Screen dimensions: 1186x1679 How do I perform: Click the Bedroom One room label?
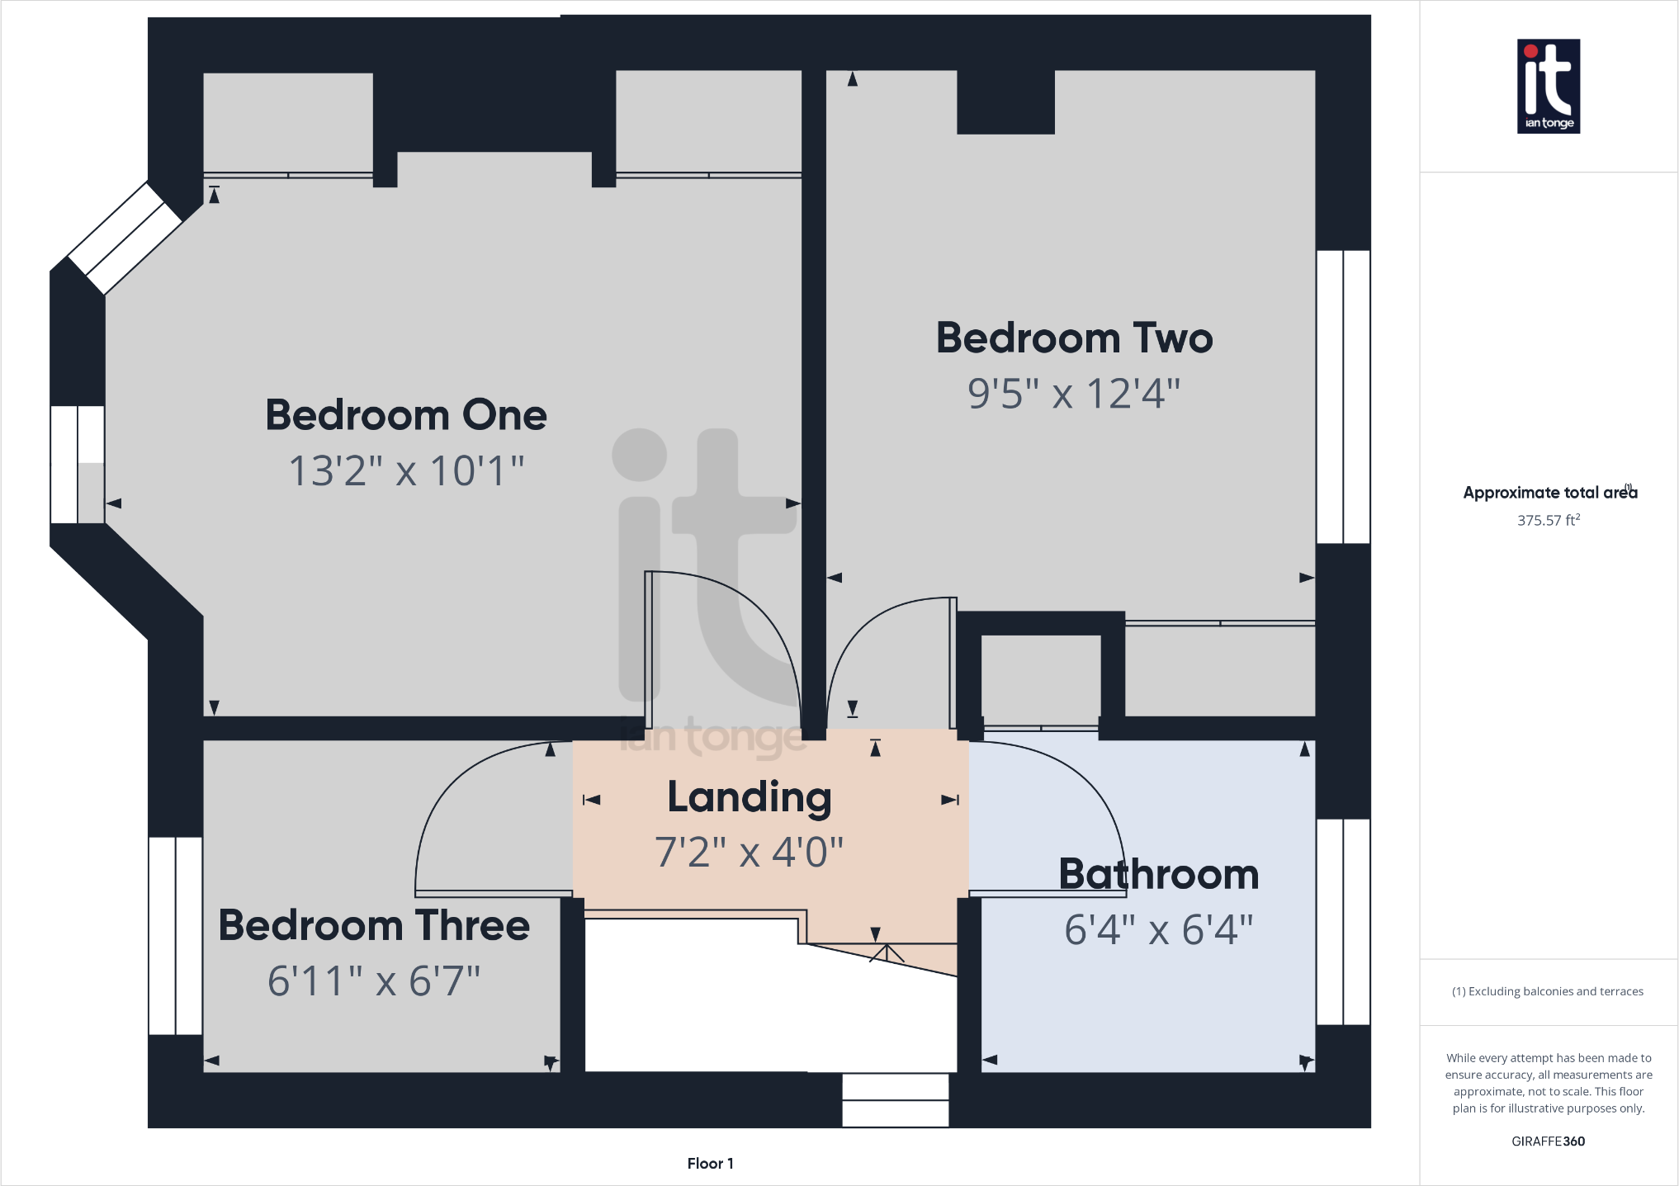406,415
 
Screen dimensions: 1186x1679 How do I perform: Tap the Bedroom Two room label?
1074,338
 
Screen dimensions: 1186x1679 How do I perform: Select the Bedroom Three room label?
374,925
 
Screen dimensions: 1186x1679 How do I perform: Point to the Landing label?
749,797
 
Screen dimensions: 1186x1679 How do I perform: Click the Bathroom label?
1158,875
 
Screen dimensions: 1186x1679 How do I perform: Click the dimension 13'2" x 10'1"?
406,471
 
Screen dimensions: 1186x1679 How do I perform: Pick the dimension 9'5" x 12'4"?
1074,394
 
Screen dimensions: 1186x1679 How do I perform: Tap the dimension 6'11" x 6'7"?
374,981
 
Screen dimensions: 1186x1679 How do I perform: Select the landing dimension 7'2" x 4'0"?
749,853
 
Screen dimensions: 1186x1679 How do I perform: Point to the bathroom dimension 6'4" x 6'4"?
1158,930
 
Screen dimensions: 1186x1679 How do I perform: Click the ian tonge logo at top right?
1548,86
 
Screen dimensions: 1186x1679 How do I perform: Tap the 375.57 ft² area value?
1548,521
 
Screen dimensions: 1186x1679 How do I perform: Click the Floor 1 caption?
710,1164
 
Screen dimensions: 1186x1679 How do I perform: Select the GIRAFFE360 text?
1548,1141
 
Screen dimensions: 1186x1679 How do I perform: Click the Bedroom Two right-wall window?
1343,397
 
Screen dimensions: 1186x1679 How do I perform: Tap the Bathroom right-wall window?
1343,922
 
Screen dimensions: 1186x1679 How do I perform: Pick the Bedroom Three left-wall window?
176,936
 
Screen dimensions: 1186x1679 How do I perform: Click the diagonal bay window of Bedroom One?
125,238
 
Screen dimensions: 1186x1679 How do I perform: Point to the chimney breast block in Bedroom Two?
1005,102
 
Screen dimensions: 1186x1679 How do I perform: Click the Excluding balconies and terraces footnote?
1548,991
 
